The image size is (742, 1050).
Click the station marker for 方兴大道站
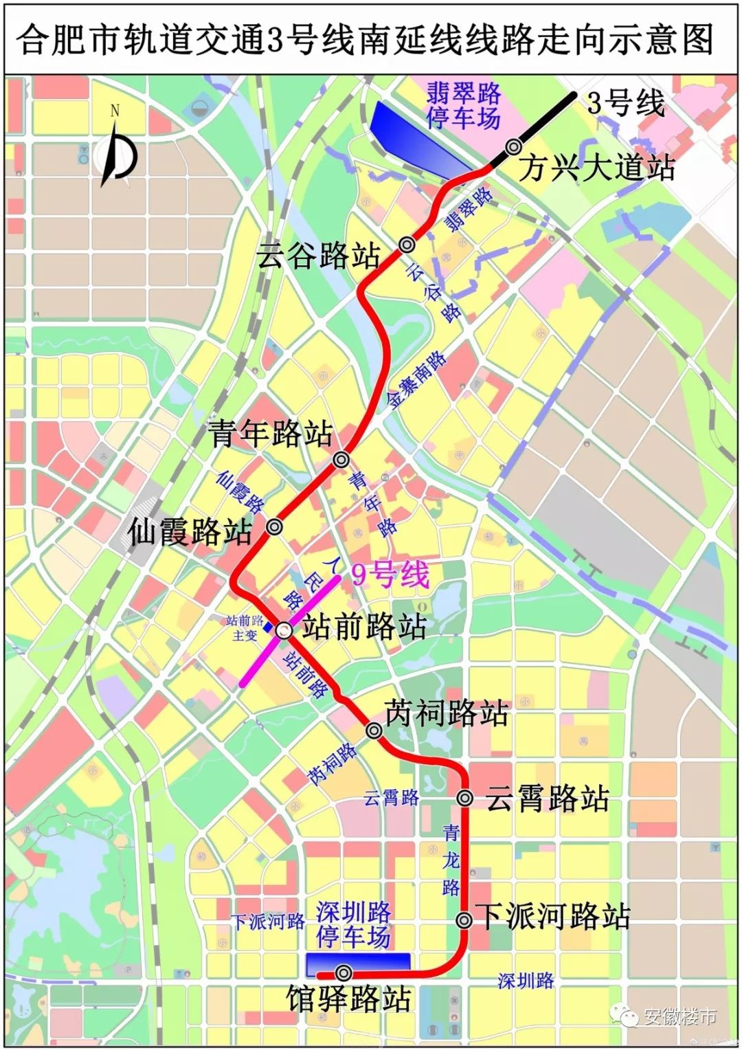[513, 146]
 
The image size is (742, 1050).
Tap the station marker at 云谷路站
[407, 243]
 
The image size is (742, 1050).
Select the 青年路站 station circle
[341, 459]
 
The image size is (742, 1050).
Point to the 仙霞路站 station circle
[274, 526]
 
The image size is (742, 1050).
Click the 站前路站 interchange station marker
[284, 629]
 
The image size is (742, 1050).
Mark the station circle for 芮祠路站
[374, 730]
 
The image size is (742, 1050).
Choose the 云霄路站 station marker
[465, 798]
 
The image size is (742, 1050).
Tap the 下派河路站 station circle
[464, 919]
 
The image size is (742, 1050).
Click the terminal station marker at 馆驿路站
[344, 972]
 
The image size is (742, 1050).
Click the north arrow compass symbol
[118, 151]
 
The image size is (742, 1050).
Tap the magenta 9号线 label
[390, 574]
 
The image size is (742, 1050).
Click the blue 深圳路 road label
[526, 981]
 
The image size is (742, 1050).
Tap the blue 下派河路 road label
[268, 921]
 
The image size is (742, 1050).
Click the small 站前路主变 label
[245, 628]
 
